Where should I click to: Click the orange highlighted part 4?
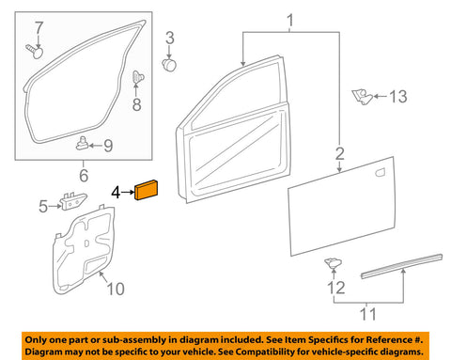[x=146, y=190]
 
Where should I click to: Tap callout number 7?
[x=39, y=28]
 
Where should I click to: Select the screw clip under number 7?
[x=35, y=52]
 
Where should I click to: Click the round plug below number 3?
[x=169, y=65]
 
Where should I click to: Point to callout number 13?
[x=398, y=96]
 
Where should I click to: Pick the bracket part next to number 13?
[x=362, y=97]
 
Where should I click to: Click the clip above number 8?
[x=137, y=77]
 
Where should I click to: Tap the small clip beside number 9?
[x=82, y=143]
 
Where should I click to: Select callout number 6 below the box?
[x=84, y=175]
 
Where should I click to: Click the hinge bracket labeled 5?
[x=73, y=201]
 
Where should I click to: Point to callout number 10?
[x=116, y=289]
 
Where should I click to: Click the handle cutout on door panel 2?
[x=380, y=172]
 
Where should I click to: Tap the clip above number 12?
[x=333, y=263]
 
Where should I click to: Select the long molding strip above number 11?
[x=401, y=266]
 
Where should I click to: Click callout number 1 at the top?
[x=290, y=21]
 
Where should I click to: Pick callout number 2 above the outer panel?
[x=340, y=153]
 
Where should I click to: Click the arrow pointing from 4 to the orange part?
[x=128, y=192]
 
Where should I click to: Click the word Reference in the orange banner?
[x=388, y=339]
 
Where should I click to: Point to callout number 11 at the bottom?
[x=367, y=314]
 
